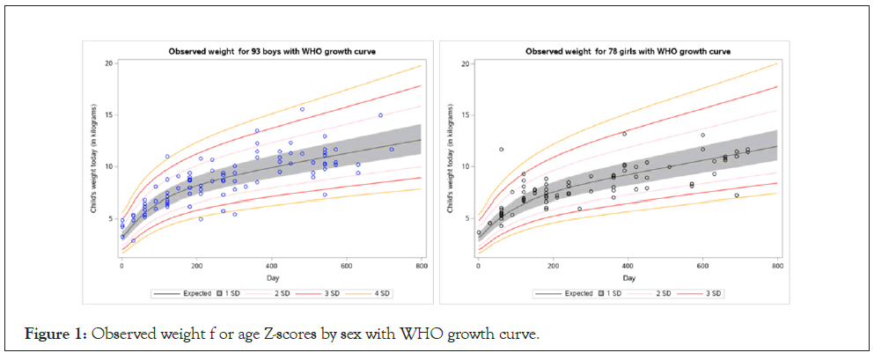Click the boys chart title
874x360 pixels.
[273, 51]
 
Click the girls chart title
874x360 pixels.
[628, 51]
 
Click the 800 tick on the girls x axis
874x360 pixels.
[778, 268]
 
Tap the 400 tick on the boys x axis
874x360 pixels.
[272, 268]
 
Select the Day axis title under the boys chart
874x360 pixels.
[271, 277]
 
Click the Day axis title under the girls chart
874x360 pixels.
[628, 277]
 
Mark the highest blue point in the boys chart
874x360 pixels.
[302, 109]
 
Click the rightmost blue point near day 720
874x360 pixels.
[392, 150]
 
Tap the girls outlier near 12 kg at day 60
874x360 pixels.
[501, 150]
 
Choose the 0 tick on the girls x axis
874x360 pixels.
[478, 268]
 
